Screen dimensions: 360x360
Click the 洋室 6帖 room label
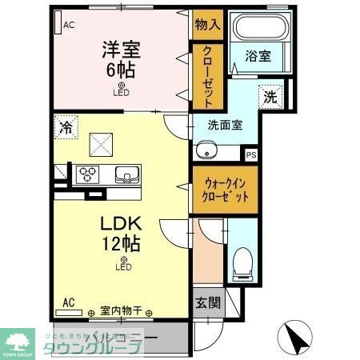(121, 58)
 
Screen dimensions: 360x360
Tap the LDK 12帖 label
(122, 230)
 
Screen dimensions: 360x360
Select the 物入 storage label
(207, 25)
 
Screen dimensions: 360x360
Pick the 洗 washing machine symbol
(270, 98)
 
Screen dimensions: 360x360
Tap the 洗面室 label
(225, 126)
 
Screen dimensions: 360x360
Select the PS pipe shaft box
(251, 155)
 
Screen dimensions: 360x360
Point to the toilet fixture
(243, 260)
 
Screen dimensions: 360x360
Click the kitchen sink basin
(126, 174)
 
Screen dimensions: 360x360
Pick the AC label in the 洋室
(69, 25)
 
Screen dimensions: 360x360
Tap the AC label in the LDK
(69, 302)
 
